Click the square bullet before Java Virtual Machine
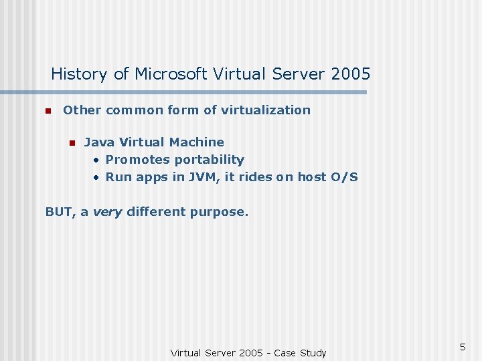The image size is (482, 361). pos(72,142)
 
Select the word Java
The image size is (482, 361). pos(100,142)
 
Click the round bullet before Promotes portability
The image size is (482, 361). pos(97,160)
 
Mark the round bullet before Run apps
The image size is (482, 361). pos(97,178)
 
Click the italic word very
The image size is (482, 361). pos(107,212)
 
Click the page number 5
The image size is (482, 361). pos(462,346)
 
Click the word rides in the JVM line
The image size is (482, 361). pos(254,177)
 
